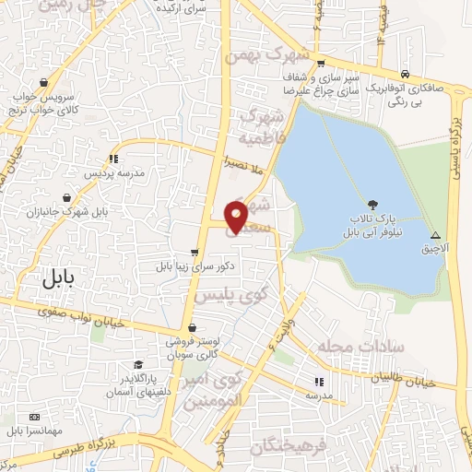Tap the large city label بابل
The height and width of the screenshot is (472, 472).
tap(62, 282)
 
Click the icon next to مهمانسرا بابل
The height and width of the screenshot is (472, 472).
tap(35, 418)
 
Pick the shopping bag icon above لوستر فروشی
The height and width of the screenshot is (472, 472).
tap(191, 327)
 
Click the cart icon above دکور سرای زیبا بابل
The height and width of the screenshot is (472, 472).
tap(194, 252)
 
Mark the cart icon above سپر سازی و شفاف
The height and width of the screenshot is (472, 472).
tap(320, 64)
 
